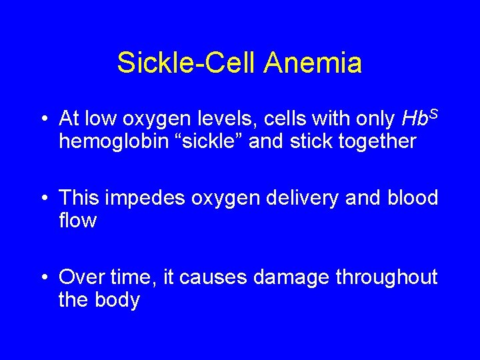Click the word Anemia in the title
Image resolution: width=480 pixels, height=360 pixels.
tap(313, 63)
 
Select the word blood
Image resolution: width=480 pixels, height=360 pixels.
tap(412, 198)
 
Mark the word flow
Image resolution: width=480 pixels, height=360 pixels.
tap(77, 221)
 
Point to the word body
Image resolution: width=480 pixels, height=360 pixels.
tap(119, 300)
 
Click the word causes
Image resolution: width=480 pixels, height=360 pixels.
tap(213, 277)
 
